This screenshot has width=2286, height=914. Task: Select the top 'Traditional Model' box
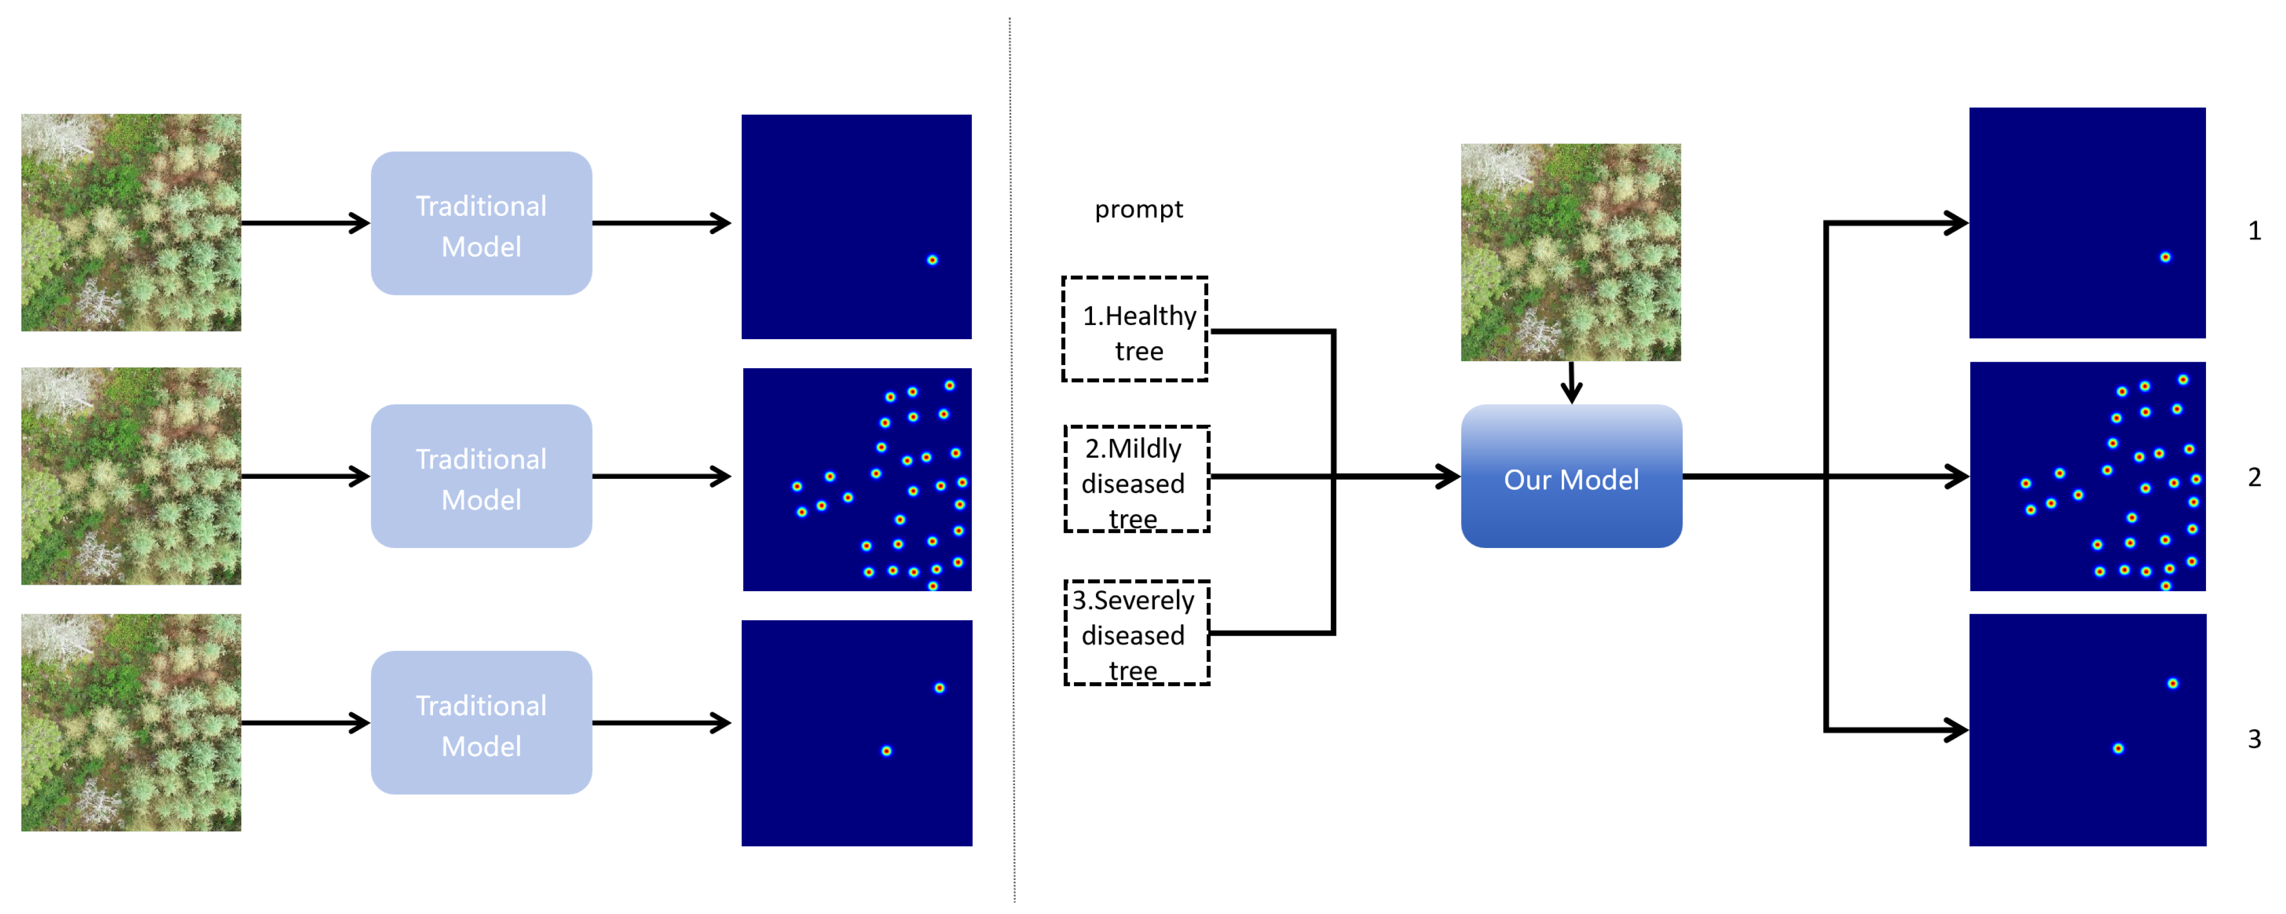click(x=481, y=224)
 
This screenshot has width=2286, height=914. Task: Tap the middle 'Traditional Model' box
click(x=481, y=477)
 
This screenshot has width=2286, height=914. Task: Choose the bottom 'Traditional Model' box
click(x=481, y=723)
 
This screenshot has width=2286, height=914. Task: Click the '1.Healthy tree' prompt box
click(x=1135, y=330)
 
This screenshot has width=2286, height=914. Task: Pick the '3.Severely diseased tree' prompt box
click(x=1136, y=633)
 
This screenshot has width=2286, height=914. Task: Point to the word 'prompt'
click(x=1139, y=209)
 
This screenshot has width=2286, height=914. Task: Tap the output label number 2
click(x=2254, y=477)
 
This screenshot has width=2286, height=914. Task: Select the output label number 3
click(x=2254, y=738)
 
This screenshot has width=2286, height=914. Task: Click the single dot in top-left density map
click(x=932, y=260)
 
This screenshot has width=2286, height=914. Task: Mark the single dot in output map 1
click(x=2165, y=258)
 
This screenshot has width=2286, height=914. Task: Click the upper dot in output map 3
click(x=2173, y=683)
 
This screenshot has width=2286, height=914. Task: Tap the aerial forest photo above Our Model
click(x=1571, y=252)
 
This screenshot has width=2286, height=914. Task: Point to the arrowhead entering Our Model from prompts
click(x=1448, y=477)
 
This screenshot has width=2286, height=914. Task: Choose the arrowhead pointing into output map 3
click(x=1956, y=730)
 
